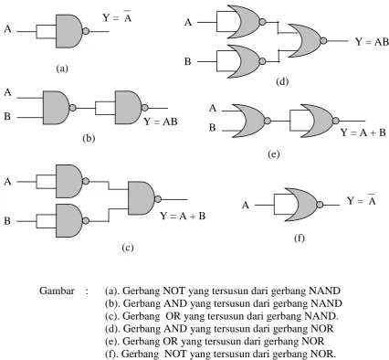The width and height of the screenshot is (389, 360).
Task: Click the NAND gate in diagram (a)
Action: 69,31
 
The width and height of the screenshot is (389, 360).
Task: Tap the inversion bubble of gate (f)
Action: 320,205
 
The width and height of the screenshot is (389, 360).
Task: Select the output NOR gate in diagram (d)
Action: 305,41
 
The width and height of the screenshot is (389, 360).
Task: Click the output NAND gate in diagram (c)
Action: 142,198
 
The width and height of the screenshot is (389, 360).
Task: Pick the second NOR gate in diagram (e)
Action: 318,121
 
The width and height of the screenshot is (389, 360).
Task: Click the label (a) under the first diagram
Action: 62,69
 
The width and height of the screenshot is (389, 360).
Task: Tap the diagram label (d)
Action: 282,81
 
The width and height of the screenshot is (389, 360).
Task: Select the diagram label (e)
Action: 273,154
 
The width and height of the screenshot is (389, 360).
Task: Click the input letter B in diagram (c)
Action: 7,221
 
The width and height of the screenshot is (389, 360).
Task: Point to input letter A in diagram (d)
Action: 188,22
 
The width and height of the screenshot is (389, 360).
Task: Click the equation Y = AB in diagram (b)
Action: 161,122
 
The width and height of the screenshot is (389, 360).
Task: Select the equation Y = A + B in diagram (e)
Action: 363,132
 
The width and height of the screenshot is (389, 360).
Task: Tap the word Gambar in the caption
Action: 57,291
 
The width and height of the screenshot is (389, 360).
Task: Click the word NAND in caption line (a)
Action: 324,291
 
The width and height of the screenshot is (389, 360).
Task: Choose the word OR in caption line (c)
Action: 173,316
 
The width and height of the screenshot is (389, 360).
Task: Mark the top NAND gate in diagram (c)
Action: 69,181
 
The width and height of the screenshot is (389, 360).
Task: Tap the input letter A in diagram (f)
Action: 246,206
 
